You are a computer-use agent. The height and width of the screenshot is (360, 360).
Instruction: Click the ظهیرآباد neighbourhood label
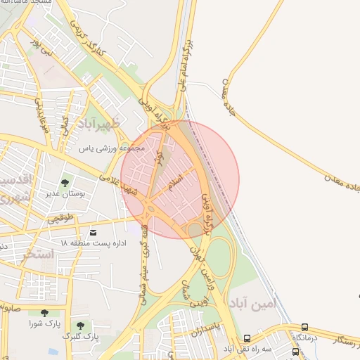click(91, 124)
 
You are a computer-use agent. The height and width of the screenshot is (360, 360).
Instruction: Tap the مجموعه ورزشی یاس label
click(111, 149)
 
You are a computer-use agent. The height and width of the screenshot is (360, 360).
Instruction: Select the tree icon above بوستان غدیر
click(65, 184)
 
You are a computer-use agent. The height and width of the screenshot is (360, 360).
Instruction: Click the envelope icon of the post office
click(94, 232)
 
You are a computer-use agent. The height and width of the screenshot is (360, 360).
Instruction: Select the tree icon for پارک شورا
click(44, 313)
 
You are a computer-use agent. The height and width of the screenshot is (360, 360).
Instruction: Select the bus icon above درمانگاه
click(304, 327)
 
